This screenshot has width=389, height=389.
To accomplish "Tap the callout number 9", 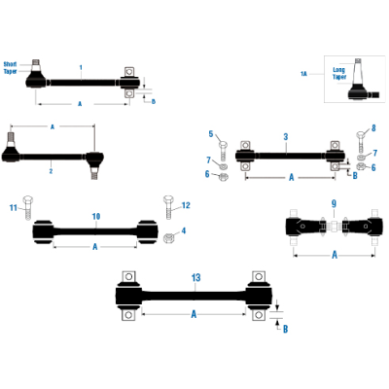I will click(x=334, y=203).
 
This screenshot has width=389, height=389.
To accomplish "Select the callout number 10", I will click(x=95, y=216).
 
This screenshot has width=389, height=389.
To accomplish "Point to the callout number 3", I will click(x=285, y=137).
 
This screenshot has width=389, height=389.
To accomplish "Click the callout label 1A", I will click(x=303, y=73).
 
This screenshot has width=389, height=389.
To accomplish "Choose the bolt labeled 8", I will click(x=361, y=136).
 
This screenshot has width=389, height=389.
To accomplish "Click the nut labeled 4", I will click(x=167, y=239).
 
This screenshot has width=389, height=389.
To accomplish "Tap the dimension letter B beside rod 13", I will click(x=285, y=330).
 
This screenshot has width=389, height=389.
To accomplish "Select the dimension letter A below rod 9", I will click(x=334, y=255).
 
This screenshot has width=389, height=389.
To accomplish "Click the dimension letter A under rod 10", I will click(x=94, y=247).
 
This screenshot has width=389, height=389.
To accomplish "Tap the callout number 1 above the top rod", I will click(x=82, y=66).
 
